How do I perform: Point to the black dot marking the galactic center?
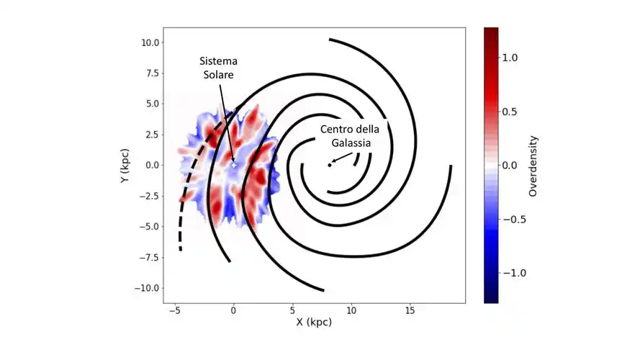[330, 165]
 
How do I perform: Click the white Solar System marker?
[233, 165]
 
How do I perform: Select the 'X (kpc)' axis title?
[314, 323]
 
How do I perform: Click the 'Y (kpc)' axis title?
[125, 166]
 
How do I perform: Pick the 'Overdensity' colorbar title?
[533, 166]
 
